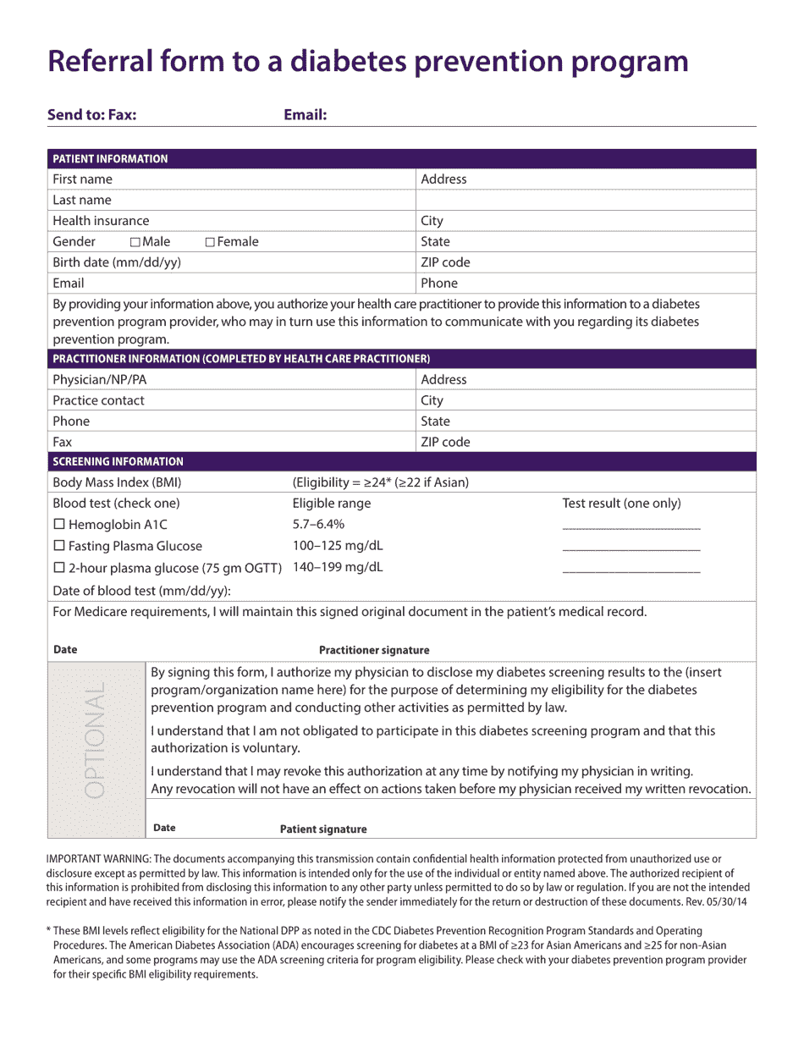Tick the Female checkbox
(x=210, y=242)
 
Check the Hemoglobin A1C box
(x=58, y=525)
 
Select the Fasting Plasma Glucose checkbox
(x=58, y=546)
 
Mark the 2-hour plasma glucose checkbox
(x=58, y=568)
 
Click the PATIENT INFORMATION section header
(x=110, y=159)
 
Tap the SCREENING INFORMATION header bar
(x=118, y=461)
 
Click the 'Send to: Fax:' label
(x=91, y=115)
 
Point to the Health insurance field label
(x=101, y=221)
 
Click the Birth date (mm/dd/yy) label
(x=117, y=262)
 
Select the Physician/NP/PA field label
(x=99, y=380)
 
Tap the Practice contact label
(x=98, y=400)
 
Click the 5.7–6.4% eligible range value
(x=318, y=524)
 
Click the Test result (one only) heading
(x=621, y=504)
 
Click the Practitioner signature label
(x=373, y=650)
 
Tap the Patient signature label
(x=323, y=829)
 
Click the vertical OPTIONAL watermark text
(x=96, y=739)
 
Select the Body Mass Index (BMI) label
(x=117, y=482)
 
